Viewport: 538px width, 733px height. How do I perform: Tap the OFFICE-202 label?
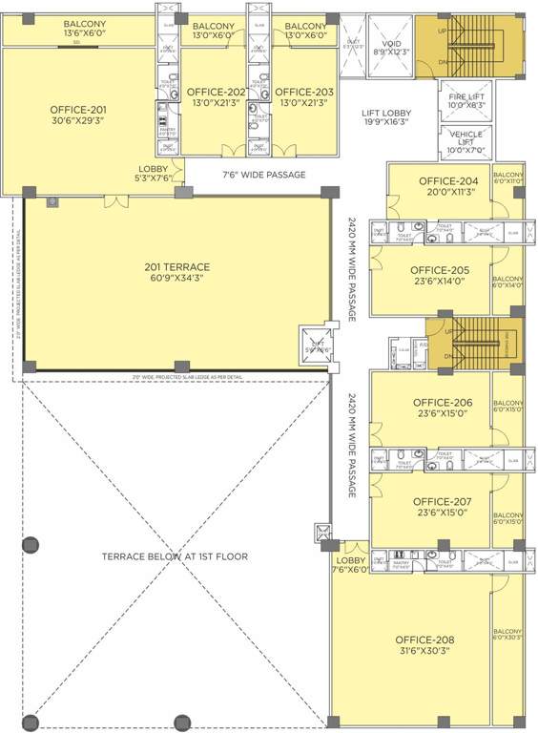216,93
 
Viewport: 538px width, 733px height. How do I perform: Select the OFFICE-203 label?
306,93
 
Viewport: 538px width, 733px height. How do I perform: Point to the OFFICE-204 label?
447,181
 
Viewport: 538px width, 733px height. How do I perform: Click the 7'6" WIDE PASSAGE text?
263,175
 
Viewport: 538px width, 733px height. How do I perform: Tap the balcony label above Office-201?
84,24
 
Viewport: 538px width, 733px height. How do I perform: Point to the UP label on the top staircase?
442,31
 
